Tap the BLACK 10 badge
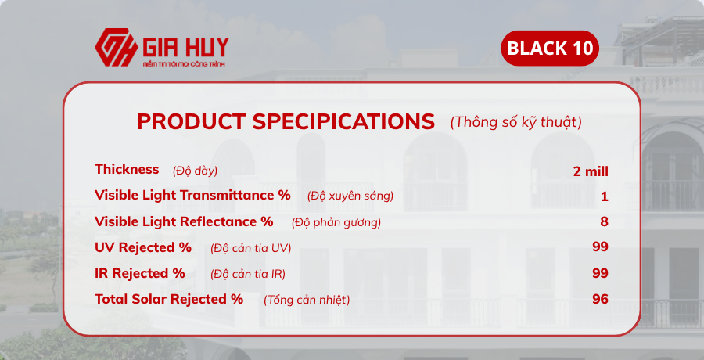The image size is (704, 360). click(x=550, y=49)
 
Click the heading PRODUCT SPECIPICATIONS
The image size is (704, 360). click(x=286, y=121)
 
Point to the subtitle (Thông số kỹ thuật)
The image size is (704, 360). click(x=515, y=122)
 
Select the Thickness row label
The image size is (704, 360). click(x=127, y=169)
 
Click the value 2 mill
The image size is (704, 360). click(x=591, y=171)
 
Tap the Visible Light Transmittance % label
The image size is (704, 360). click(x=192, y=195)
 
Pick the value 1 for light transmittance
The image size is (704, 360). click(x=605, y=196)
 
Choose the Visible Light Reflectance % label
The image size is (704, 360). click(x=184, y=221)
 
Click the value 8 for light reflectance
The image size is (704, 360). click(x=604, y=221)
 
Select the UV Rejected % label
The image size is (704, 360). click(x=143, y=247)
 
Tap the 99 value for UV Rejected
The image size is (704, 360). click(x=600, y=247)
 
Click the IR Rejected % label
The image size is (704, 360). click(x=140, y=273)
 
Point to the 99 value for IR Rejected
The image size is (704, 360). click(x=600, y=273)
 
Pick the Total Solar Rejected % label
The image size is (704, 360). click(x=169, y=299)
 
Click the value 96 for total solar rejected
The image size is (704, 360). click(x=600, y=299)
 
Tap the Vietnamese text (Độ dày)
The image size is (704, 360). click(x=195, y=171)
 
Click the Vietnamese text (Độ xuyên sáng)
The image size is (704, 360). click(x=350, y=196)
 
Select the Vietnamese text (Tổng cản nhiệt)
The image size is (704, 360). click(x=307, y=300)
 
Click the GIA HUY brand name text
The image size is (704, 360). click(x=185, y=45)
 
